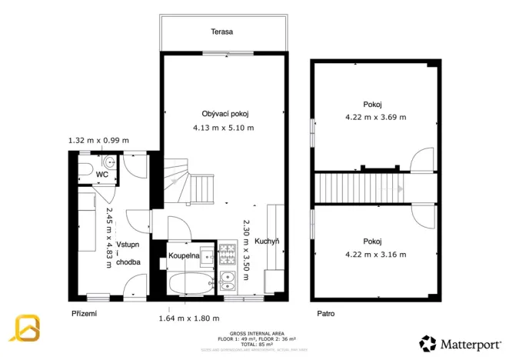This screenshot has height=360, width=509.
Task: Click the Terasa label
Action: coord(222,32)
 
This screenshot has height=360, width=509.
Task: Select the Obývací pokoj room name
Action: coord(225,113)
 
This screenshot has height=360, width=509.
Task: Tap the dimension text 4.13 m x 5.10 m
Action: coord(224,128)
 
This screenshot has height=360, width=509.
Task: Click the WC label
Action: coord(101,175)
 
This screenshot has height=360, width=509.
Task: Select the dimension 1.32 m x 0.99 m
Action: coord(98,141)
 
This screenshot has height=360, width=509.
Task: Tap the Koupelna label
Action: coord(185,255)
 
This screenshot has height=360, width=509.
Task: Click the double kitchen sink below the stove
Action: coord(228,282)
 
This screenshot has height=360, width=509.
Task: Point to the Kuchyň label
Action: coord(266,241)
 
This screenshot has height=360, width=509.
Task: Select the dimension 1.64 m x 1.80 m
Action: coord(189,318)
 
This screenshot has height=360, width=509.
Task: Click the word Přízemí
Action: coord(85,314)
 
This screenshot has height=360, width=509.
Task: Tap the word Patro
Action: coord(326,314)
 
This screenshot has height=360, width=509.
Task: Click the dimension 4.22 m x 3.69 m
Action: coord(375,118)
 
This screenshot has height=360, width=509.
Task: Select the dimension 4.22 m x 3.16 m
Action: coord(375,254)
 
